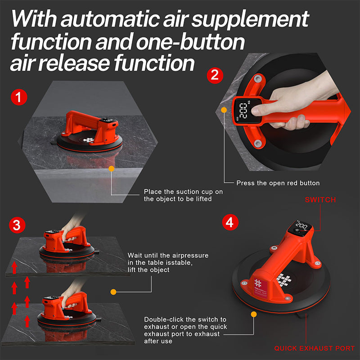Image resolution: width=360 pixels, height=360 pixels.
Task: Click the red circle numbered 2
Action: tap(215, 75)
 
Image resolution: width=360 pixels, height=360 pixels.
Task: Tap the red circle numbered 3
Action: tap(16, 225)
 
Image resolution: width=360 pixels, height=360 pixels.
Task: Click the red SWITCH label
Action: tap(320, 199)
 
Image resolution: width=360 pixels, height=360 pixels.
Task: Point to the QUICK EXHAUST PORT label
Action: tap(314, 348)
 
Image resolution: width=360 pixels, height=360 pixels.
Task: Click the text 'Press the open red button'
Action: tap(278, 183)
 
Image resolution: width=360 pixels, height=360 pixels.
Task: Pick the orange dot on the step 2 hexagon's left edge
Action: tap(224, 109)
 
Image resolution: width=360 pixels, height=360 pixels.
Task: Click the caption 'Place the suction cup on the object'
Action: tap(183, 195)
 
